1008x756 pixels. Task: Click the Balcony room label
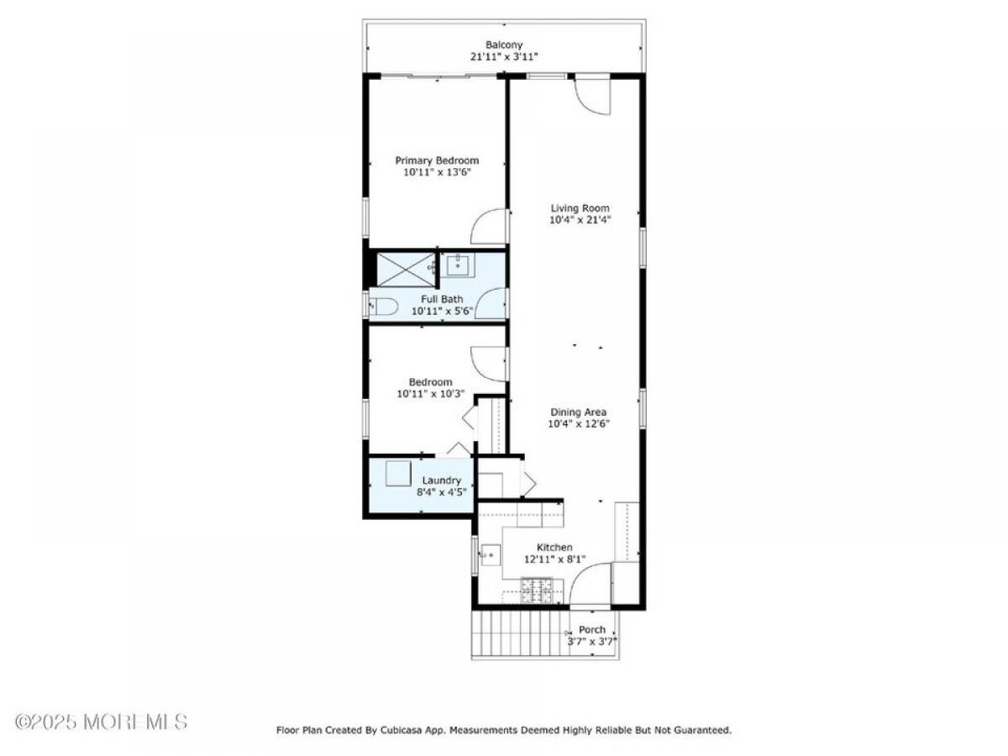(504, 45)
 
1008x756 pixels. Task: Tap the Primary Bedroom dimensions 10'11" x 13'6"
(437, 172)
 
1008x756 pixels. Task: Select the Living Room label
(580, 208)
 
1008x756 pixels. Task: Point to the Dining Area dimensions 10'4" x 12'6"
(578, 423)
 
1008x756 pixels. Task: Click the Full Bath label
(442, 299)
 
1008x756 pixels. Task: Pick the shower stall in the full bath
(406, 270)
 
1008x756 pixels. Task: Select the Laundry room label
(441, 480)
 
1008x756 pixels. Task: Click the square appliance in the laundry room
(397, 473)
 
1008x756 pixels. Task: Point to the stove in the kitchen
(537, 591)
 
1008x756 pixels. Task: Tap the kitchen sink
(491, 555)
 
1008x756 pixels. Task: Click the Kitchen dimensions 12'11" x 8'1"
(554, 559)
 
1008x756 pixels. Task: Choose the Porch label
(591, 630)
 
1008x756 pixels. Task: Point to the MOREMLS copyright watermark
(101, 722)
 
